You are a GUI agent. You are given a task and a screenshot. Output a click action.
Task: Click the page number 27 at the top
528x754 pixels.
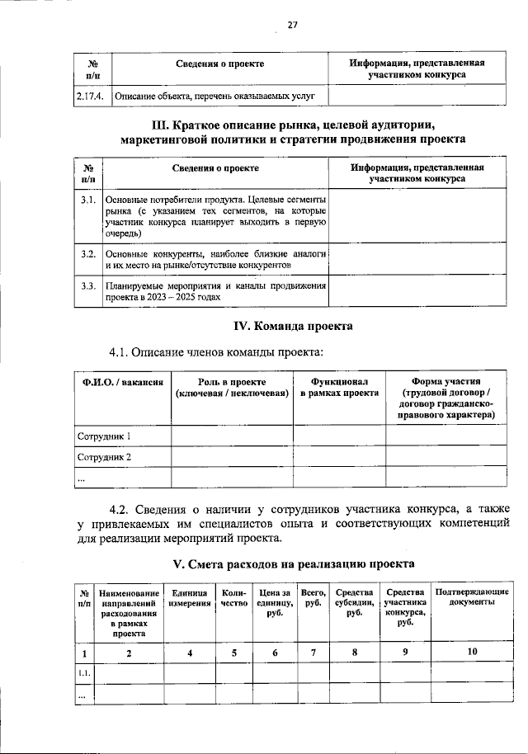(291, 24)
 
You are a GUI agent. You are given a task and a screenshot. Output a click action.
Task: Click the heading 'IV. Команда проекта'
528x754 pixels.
(291, 326)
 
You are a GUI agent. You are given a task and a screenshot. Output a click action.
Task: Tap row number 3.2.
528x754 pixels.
(89, 253)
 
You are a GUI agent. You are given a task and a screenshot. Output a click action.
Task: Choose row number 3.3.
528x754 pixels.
(89, 286)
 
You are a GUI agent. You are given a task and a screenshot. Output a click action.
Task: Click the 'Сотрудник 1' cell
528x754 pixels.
(105, 435)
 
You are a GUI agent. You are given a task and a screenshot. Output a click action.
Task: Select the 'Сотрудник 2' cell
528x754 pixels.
(105, 456)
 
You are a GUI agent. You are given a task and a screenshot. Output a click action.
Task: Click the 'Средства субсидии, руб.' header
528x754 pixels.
(354, 603)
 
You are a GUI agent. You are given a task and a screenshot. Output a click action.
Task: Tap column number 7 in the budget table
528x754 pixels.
(313, 653)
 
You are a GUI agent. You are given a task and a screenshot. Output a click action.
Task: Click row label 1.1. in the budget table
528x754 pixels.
(84, 673)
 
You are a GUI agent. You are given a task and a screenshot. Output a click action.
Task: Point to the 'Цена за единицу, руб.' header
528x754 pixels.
(275, 603)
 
